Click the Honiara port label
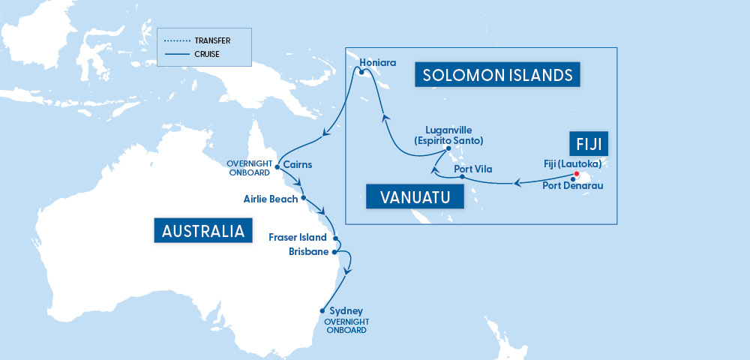[377, 62]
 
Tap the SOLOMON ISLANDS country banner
[497, 75]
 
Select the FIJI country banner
[587, 143]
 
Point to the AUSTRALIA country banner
[201, 230]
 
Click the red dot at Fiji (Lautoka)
[577, 174]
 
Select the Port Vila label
[474, 169]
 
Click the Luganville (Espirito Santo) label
[448, 135]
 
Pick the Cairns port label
[298, 163]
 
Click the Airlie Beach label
[270, 199]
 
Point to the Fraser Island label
[298, 237]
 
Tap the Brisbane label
[308, 252]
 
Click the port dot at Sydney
[322, 310]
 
